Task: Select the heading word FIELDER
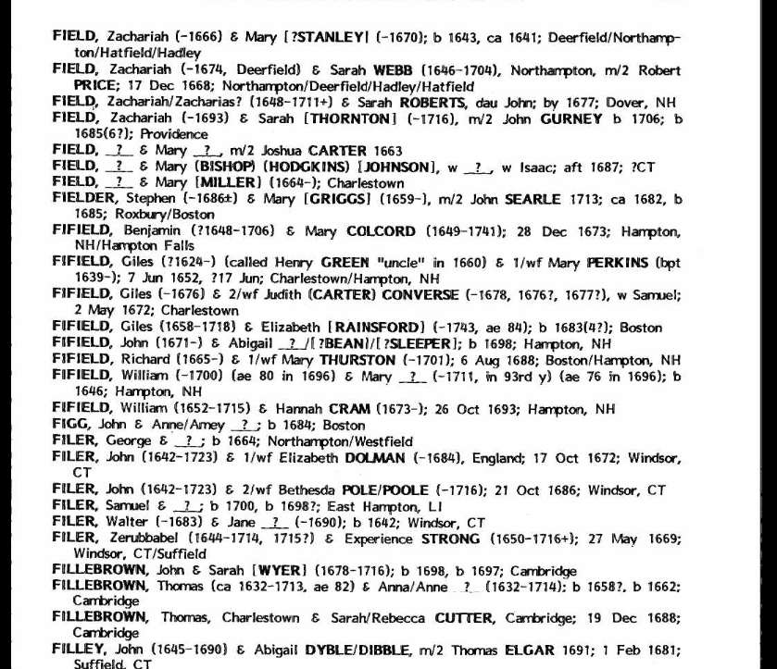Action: pyautogui.click(x=83, y=199)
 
